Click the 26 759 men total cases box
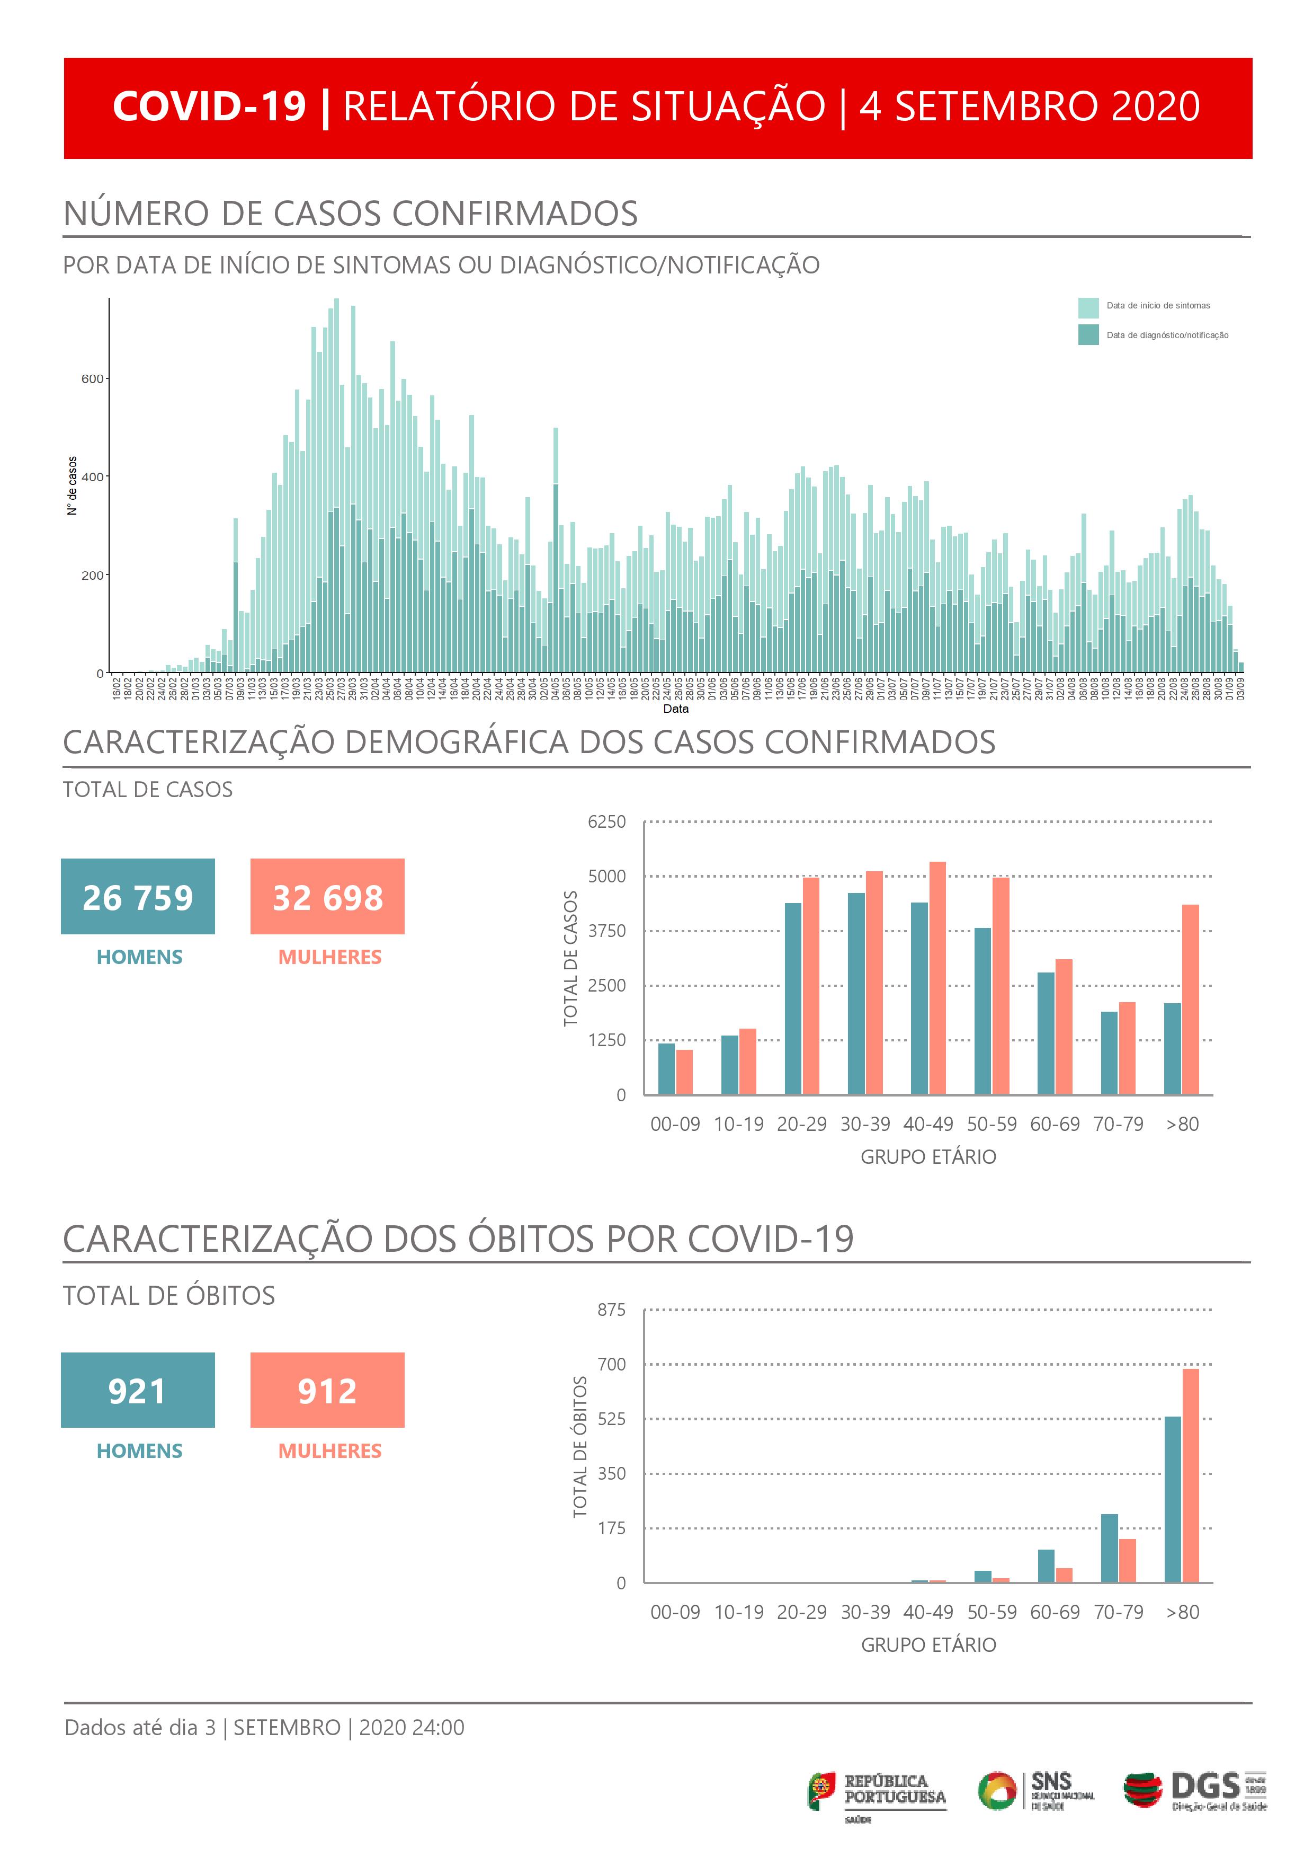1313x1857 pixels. tap(138, 896)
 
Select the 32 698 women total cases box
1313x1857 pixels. tap(327, 896)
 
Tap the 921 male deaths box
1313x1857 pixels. tap(138, 1390)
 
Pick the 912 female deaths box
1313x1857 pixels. tap(327, 1390)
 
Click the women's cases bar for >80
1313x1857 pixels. tap(1190, 1000)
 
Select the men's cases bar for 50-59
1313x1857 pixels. tap(982, 1011)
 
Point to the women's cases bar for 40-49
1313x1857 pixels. tap(937, 979)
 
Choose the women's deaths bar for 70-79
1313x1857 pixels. tap(1127, 1560)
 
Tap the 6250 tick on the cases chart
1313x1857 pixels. tap(606, 822)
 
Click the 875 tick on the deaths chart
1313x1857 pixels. tap(611, 1310)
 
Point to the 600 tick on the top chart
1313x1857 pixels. tap(92, 378)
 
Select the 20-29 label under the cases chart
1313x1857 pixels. tap(801, 1124)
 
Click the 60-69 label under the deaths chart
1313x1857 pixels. tap(1055, 1612)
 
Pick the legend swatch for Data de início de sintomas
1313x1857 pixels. tap(1087, 308)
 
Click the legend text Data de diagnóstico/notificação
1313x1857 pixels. tap(1167, 335)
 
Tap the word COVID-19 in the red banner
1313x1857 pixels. tap(209, 107)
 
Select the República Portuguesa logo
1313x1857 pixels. tap(877, 1791)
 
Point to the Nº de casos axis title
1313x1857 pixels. tap(73, 485)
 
